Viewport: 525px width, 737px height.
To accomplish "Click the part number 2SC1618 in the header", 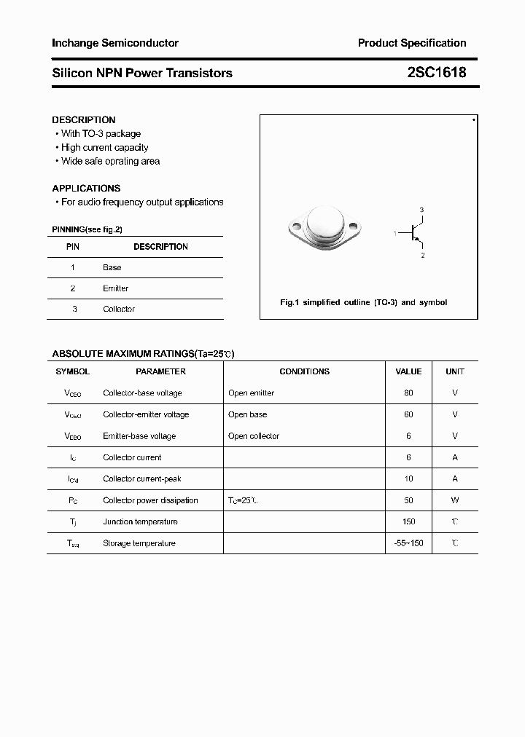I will [437, 73].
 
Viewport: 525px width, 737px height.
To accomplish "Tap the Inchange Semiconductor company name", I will [115, 43].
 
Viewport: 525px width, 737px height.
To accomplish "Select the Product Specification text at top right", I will [411, 43].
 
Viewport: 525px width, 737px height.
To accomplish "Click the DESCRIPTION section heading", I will [84, 119].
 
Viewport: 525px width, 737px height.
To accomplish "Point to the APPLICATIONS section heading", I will [86, 188].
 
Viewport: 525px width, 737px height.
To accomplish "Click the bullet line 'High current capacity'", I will [104, 147].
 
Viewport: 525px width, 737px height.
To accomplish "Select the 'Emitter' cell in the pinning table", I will [115, 288].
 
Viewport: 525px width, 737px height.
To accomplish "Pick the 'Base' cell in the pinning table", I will [112, 267].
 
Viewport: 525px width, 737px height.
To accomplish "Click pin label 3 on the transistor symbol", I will [421, 210].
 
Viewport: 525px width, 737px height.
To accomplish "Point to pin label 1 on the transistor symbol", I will [395, 234].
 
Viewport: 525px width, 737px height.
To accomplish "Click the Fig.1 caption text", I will [364, 302].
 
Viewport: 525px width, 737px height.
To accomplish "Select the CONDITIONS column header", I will [304, 371].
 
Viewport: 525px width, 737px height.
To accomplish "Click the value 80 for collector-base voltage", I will [408, 393].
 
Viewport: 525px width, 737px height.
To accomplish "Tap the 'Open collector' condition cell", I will [254, 436].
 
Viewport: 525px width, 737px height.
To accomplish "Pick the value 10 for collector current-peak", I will [408, 479].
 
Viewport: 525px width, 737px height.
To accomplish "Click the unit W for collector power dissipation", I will [455, 500].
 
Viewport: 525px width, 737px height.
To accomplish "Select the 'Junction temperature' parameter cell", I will [140, 521].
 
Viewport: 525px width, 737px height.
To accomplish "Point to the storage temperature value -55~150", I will [408, 543].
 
